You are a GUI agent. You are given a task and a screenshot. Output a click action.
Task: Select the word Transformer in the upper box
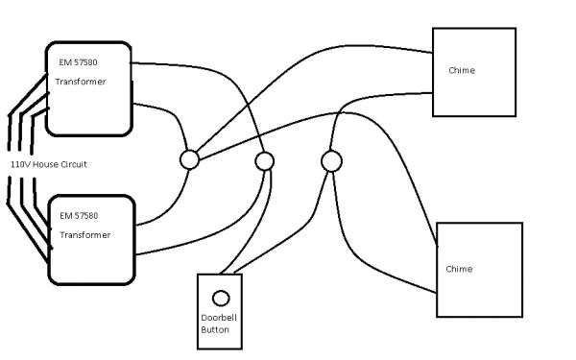click(x=81, y=82)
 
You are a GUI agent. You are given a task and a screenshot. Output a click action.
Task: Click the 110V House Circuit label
click(x=49, y=165)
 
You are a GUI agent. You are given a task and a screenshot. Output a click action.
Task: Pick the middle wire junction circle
click(x=265, y=160)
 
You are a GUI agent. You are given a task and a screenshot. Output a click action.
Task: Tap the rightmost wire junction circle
click(x=331, y=161)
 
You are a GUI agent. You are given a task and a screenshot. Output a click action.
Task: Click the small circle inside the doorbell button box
click(x=220, y=298)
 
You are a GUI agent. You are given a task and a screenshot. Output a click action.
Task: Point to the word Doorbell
click(x=219, y=318)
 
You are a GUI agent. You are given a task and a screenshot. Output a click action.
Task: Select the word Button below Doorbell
click(x=215, y=330)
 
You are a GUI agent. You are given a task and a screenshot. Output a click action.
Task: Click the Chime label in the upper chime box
click(x=462, y=70)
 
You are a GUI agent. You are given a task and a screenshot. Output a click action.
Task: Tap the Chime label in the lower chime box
click(x=459, y=269)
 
